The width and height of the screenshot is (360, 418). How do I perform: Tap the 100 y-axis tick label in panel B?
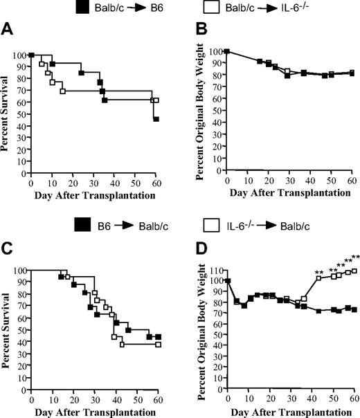[x=214, y=51]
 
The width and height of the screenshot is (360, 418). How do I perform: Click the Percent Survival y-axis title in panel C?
[x=6, y=329]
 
